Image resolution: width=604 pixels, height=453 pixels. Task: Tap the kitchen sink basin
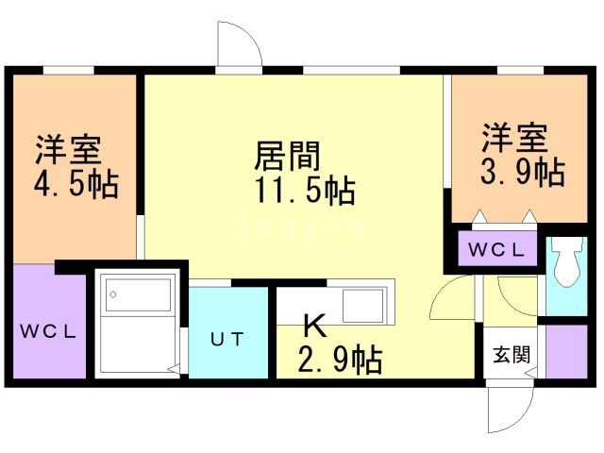pos(362,305)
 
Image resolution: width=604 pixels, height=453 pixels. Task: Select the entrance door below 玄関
pos(511,406)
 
